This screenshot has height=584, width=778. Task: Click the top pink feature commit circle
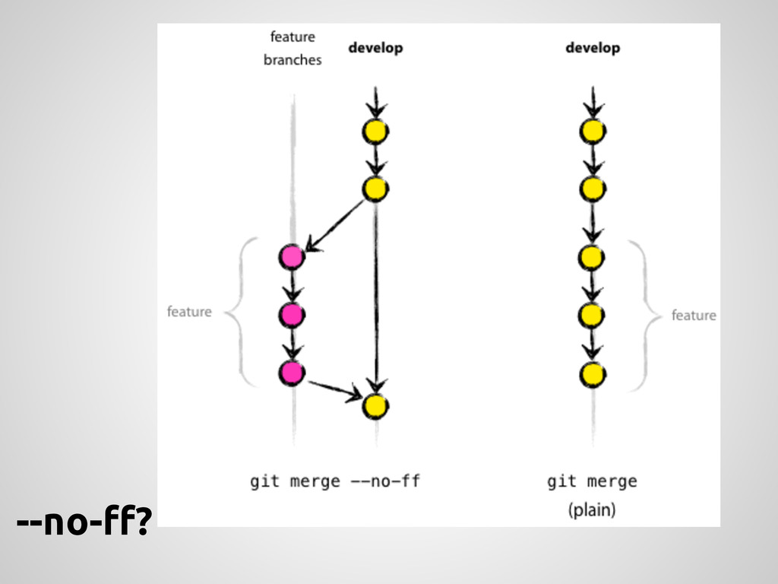coord(291,258)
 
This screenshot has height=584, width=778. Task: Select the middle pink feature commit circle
coord(291,314)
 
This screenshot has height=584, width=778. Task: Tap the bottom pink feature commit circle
coord(291,373)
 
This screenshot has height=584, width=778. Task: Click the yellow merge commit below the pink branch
coord(375,406)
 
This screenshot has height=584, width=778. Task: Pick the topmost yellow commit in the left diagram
coord(375,132)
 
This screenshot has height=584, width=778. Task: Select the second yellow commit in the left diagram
coord(375,189)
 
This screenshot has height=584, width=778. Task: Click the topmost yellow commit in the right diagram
coord(593,132)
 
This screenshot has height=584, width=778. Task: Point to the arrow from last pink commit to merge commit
coord(334,389)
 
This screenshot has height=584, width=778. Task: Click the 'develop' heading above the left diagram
coord(375,48)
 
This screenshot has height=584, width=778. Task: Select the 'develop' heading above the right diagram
coord(593,48)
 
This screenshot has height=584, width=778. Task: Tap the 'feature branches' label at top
coord(293,48)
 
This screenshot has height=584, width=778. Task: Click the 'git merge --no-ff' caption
coord(335,481)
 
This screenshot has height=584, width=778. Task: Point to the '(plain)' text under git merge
coord(592,510)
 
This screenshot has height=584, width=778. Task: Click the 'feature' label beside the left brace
coord(189,312)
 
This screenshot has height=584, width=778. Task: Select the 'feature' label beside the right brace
coord(693,315)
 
